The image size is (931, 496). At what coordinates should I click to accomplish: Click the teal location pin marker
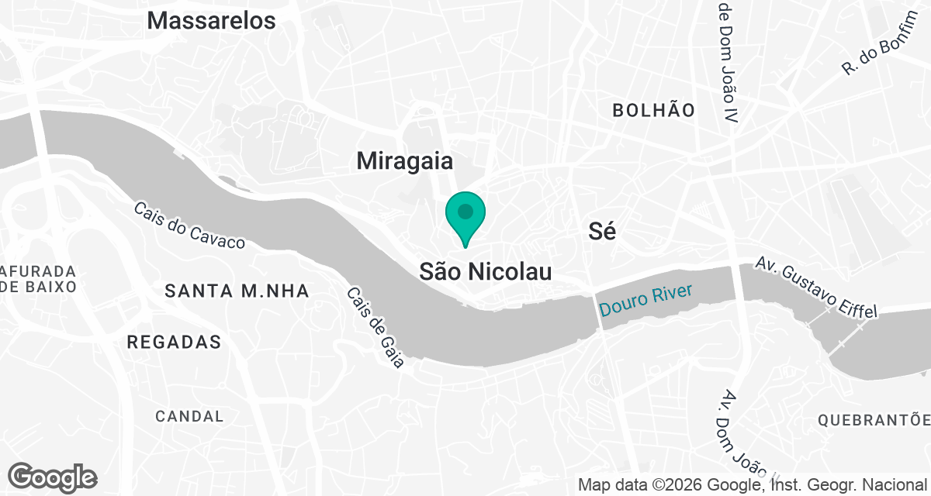tap(465, 215)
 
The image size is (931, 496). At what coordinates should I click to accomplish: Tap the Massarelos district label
tap(211, 21)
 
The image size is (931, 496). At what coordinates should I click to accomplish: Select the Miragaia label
tap(404, 161)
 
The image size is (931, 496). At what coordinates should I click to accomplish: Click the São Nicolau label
tap(486, 272)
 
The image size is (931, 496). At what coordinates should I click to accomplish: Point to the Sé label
tap(602, 231)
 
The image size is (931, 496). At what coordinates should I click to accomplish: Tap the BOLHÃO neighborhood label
tap(653, 110)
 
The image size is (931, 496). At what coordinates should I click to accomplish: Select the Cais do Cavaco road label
tap(189, 226)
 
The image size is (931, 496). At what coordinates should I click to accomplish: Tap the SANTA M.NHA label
tap(237, 291)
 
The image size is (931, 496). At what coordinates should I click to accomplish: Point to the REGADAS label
tap(174, 342)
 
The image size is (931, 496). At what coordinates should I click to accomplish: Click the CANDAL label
tap(189, 416)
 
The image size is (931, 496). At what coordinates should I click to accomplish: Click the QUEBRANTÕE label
tap(874, 420)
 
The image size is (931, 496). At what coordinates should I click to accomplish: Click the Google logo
tap(52, 477)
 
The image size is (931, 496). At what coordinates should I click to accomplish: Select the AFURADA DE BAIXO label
tap(39, 279)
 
